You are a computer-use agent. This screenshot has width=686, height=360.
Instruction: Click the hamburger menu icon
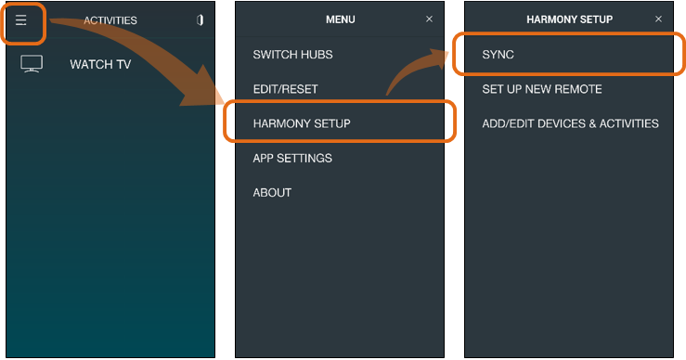(21, 20)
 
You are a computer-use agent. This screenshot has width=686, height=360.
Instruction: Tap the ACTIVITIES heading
(110, 20)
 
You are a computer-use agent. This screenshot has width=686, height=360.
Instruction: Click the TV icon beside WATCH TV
(32, 65)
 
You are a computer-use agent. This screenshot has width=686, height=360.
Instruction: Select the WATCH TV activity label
(100, 65)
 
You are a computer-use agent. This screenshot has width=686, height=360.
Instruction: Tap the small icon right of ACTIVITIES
(200, 20)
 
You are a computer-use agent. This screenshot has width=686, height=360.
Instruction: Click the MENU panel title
(341, 19)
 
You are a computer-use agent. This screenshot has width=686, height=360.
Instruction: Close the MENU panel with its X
(429, 19)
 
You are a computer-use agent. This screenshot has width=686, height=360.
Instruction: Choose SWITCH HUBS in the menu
(292, 55)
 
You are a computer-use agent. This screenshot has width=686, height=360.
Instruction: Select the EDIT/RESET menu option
(285, 89)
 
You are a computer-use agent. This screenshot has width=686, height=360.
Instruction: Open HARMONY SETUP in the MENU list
(302, 123)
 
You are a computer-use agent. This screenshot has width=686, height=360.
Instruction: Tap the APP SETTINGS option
(292, 159)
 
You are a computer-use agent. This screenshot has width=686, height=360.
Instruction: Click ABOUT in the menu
(272, 193)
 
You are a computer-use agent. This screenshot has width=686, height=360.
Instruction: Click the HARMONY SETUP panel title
(569, 19)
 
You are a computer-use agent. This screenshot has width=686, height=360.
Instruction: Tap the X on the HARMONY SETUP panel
(658, 19)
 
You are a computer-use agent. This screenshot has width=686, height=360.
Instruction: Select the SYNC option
(498, 55)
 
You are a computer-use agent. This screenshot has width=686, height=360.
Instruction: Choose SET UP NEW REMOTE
(542, 89)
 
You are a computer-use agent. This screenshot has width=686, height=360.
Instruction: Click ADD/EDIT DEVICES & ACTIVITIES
(570, 123)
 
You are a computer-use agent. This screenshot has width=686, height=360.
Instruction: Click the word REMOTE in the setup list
(580, 89)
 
